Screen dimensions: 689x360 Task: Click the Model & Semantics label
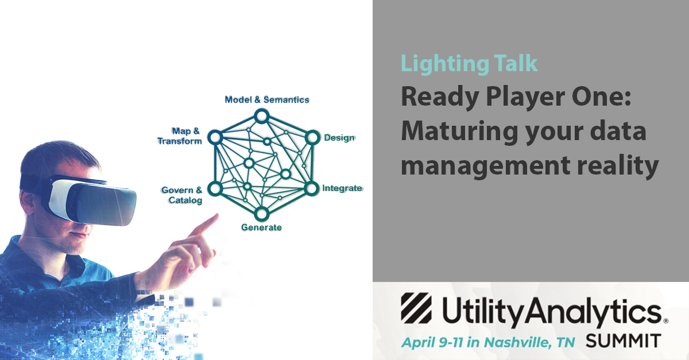(267, 100)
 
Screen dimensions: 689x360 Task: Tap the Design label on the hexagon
(339, 138)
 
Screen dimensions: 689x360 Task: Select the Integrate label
(342, 188)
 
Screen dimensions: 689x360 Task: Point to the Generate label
(261, 227)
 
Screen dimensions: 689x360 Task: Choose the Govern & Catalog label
(182, 195)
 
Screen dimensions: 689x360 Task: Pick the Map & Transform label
(180, 136)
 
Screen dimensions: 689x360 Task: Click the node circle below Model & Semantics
(261, 117)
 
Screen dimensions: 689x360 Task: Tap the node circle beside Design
(312, 138)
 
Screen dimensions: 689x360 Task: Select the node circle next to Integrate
(311, 188)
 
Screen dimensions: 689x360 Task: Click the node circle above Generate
(261, 213)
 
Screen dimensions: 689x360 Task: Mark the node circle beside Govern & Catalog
(215, 188)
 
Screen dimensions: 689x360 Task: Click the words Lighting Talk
(469, 64)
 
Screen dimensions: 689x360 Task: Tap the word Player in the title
(525, 97)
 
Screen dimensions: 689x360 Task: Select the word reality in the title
(618, 166)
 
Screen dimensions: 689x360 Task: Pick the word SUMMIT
(623, 341)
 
